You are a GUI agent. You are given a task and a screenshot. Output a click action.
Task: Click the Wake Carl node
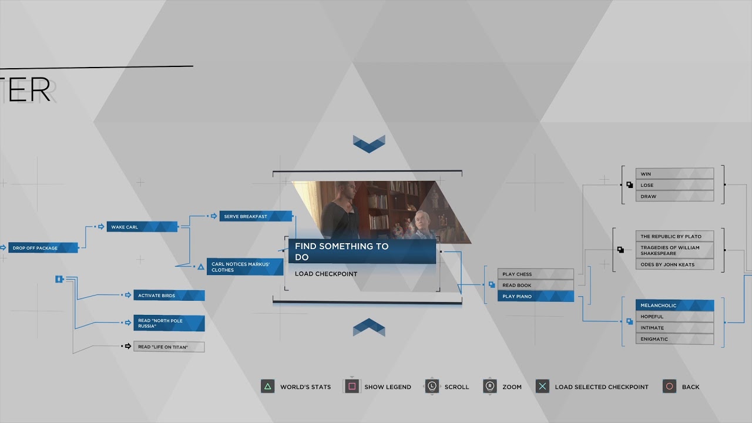pos(142,227)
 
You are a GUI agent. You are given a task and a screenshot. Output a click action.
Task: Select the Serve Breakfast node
pos(256,216)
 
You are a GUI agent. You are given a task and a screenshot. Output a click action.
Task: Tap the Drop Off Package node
pos(43,248)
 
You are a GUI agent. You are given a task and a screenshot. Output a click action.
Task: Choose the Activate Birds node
pos(169,296)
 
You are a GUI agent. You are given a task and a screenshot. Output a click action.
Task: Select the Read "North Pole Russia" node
pos(169,323)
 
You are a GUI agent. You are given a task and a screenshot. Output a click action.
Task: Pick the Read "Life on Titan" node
pos(169,347)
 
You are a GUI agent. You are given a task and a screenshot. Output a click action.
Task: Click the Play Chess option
pos(535,274)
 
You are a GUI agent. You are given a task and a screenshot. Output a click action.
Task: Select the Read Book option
pos(535,285)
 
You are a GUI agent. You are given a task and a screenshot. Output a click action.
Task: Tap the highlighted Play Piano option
pos(535,296)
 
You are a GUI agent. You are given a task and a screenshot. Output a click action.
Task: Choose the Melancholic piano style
pos(674,305)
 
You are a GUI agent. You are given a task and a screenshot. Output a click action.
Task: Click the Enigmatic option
pos(674,339)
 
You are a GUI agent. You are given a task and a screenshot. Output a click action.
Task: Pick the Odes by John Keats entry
pos(674,264)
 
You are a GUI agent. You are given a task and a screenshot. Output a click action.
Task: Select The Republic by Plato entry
pos(674,236)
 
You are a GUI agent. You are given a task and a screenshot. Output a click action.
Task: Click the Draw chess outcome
pos(674,196)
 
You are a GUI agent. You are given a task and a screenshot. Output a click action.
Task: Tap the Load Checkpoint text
pos(326,274)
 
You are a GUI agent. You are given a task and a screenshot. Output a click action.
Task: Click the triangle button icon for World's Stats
pos(268,387)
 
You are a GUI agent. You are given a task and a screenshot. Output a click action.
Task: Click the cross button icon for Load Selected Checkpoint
pos(543,387)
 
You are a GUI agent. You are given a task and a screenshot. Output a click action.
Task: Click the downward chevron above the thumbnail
pos(369,143)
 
